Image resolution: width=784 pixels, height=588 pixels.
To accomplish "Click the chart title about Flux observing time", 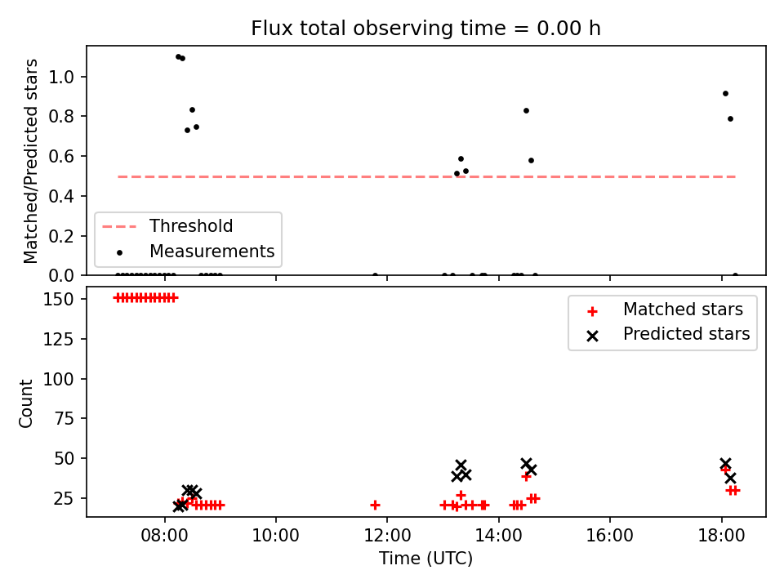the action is [425, 29].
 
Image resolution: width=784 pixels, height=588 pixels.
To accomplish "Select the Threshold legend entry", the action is [167, 226].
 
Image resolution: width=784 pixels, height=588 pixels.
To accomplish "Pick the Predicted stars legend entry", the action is [669, 334].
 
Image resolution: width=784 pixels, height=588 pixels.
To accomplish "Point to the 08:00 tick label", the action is [164, 536].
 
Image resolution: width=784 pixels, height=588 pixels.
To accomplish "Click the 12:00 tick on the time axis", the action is [387, 536].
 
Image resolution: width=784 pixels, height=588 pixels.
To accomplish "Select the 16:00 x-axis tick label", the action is [609, 536].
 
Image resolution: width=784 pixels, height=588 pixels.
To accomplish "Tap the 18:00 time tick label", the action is [721, 536].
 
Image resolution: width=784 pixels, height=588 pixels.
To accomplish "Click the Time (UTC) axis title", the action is [425, 558].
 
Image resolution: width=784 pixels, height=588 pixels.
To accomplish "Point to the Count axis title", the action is [25, 403].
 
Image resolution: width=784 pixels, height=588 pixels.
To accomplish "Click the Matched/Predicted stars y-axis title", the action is [30, 161].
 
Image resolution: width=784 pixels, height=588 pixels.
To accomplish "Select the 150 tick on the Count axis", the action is [59, 299].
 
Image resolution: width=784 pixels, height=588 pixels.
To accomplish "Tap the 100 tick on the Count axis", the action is [59, 379].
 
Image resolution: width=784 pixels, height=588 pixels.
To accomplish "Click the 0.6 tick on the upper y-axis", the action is [61, 157].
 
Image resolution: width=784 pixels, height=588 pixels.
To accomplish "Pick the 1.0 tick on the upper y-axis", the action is [61, 77].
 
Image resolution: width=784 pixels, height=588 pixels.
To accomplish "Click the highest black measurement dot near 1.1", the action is [179, 57].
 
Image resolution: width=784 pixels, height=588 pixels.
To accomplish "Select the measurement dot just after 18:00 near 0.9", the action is [725, 93].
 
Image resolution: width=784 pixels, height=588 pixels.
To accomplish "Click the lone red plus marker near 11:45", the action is [375, 506].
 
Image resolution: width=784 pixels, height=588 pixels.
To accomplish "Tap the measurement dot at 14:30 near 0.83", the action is [526, 111].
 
